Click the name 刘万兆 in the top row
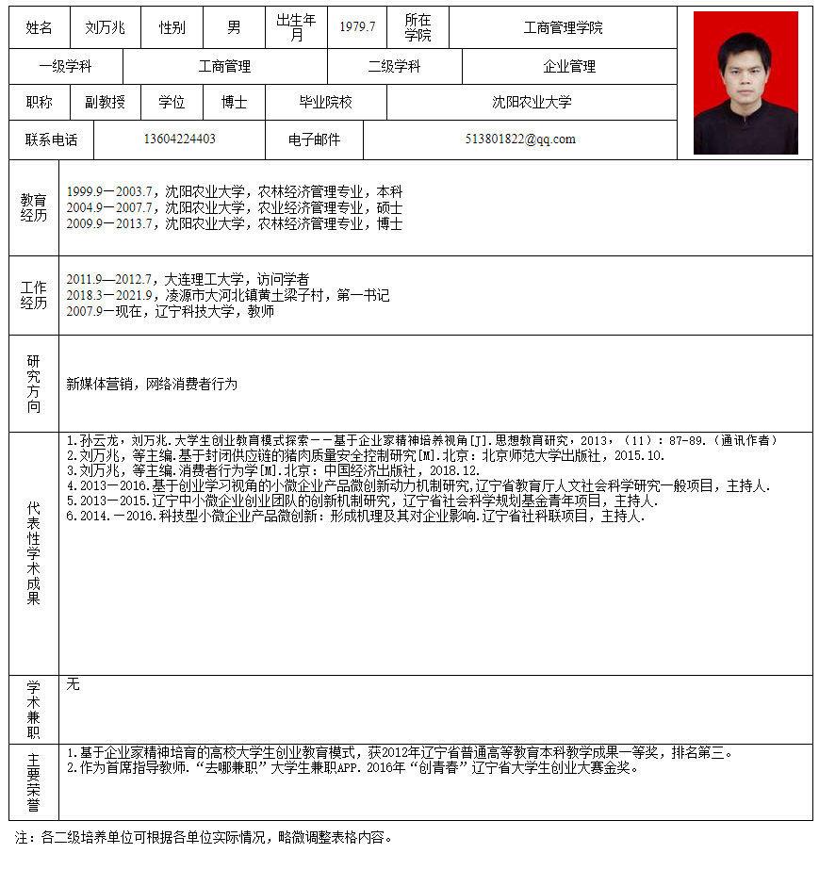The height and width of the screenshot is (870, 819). pos(105,27)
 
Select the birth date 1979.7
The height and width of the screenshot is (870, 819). pos(357,27)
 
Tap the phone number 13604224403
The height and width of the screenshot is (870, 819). pos(179,140)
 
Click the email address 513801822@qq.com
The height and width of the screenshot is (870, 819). pos(520,140)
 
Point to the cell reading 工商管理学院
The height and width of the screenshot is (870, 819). pos(563,28)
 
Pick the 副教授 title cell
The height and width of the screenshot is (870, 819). pos(105,103)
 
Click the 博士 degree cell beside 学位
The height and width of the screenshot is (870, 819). pos(235,103)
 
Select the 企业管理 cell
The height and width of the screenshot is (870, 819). pos(569,67)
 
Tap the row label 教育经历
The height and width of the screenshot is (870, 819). pos(34,207)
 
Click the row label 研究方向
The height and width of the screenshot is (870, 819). pos(34,384)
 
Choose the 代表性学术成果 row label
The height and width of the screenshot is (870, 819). pos(34,553)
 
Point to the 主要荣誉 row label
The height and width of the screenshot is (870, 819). pos(34,782)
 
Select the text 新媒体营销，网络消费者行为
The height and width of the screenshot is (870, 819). pos(152,385)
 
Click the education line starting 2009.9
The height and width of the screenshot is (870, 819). pos(235,224)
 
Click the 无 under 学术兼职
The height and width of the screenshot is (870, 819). pos(74,684)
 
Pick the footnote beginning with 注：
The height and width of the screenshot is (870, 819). pos(203,837)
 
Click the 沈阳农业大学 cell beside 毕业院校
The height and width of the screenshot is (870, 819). pos(532,103)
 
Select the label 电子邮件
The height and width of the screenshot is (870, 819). pos(314,140)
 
